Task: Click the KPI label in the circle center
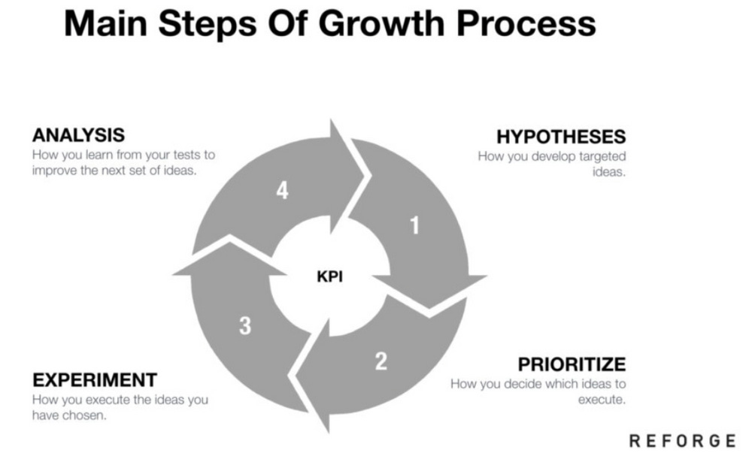click(329, 277)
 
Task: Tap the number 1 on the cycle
click(414, 225)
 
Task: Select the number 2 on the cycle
click(381, 361)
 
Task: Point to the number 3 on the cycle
click(245, 326)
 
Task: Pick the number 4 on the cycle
click(282, 191)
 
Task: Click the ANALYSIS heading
click(78, 136)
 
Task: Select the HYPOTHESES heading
click(561, 137)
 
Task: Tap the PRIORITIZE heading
click(572, 364)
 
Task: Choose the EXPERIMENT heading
click(95, 379)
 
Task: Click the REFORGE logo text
click(681, 441)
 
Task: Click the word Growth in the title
click(391, 24)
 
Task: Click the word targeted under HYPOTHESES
click(602, 157)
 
